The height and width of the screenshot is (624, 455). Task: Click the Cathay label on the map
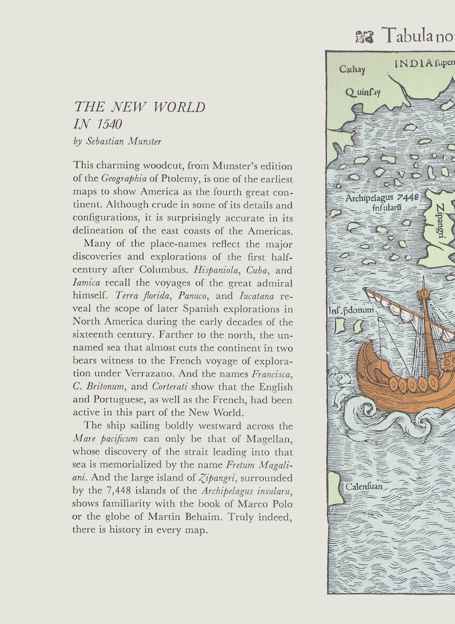pyautogui.click(x=352, y=69)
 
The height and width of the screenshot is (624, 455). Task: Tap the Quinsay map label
pyautogui.click(x=362, y=92)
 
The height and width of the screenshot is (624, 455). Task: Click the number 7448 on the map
pyautogui.click(x=408, y=197)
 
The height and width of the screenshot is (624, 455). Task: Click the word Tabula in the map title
pyautogui.click(x=406, y=36)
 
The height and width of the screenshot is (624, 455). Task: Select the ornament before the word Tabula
pyautogui.click(x=364, y=37)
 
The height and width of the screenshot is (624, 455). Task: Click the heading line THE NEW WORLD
pyautogui.click(x=140, y=107)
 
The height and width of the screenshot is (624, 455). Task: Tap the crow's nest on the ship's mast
pyautogui.click(x=423, y=294)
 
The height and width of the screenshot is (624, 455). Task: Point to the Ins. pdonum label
pyautogui.click(x=351, y=310)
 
